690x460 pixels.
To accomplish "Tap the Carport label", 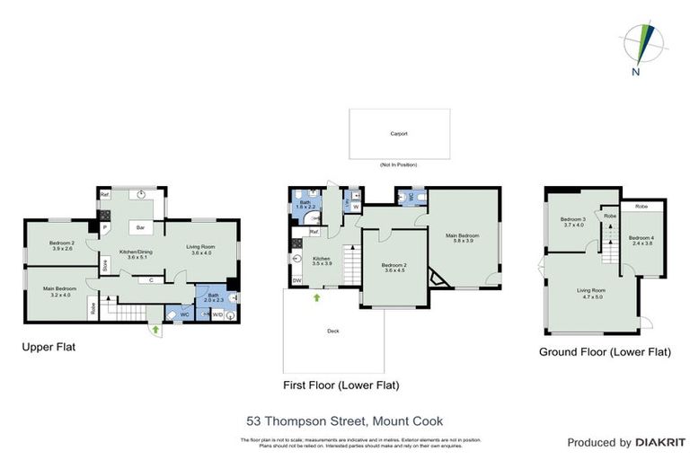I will point(399,134).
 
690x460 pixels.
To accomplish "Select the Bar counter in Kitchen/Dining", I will point(141,227).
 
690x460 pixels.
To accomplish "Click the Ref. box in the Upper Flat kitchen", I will point(105,194).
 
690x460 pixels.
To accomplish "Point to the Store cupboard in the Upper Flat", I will point(105,265).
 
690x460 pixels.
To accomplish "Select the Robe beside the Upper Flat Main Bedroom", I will point(93,307).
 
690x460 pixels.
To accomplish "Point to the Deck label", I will point(332,331).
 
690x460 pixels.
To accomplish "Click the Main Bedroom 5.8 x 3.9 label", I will point(464,238).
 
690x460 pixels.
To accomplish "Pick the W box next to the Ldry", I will point(355,208).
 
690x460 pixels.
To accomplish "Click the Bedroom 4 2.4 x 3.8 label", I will point(641,241).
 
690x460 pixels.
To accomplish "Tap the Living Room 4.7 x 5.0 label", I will point(590,293).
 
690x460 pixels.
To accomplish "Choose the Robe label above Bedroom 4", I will point(641,207).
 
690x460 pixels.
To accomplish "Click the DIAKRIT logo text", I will point(647,442).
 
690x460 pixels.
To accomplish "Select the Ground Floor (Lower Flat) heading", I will point(605,352).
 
